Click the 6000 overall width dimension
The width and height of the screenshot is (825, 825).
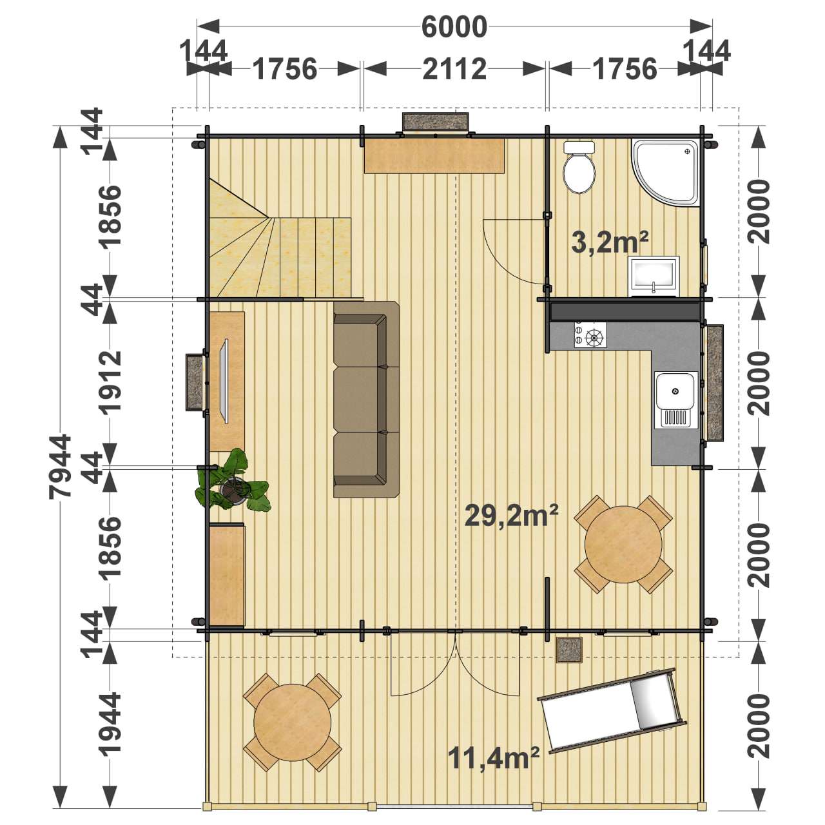pyautogui.click(x=454, y=26)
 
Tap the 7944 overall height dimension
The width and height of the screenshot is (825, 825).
pyautogui.click(x=60, y=467)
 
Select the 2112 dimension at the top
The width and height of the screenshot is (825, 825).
pyautogui.click(x=454, y=69)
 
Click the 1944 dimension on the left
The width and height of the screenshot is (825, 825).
pyautogui.click(x=110, y=724)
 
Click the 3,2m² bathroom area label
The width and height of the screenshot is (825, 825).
pyautogui.click(x=610, y=242)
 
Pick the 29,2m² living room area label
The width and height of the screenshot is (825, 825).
pyautogui.click(x=511, y=516)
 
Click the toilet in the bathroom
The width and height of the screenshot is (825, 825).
pyautogui.click(x=579, y=168)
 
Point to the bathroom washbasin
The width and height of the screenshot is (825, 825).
pyautogui.click(x=654, y=275)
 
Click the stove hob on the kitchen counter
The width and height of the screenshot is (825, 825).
pyautogui.click(x=590, y=335)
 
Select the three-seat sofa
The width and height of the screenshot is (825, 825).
pyautogui.click(x=366, y=399)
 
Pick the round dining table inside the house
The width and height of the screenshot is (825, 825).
pyautogui.click(x=623, y=544)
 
